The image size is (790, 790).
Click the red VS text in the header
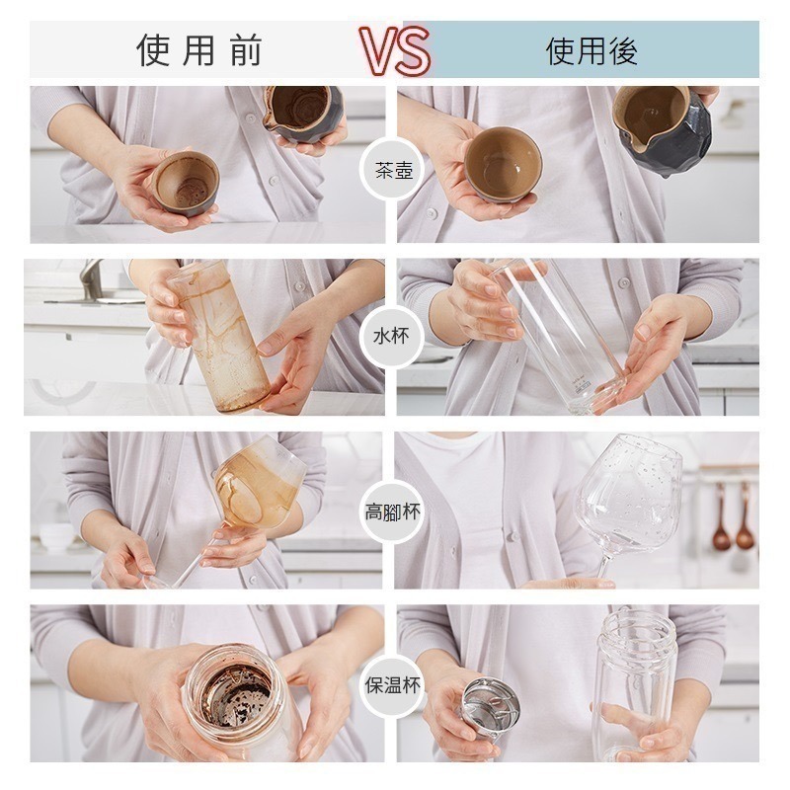[x=395, y=49]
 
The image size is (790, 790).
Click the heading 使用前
[x=199, y=50]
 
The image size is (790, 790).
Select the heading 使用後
[x=592, y=50]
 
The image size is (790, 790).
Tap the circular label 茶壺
[x=394, y=171]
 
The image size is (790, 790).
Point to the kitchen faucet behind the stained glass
[x=92, y=279]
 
